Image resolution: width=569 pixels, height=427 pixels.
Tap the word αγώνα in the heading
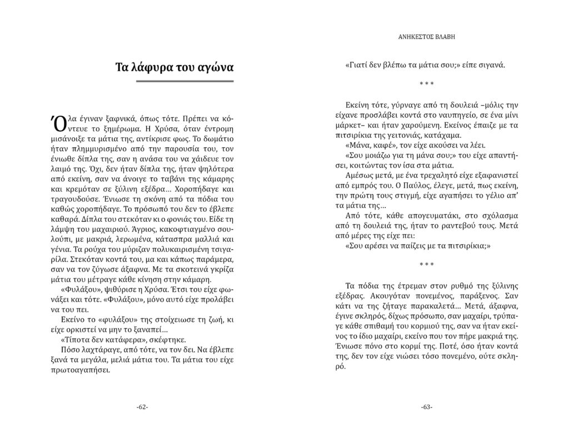tap(212, 68)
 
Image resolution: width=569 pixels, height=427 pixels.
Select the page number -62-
tap(142, 407)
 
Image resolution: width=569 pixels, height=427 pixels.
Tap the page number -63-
tap(427, 407)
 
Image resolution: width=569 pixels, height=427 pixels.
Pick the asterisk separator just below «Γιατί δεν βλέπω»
tap(427, 83)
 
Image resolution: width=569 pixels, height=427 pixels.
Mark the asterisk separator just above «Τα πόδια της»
tap(427, 264)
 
